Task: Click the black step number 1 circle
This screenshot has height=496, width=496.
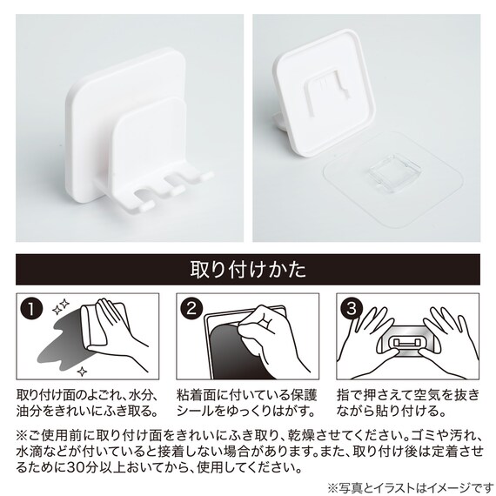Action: tap(31, 309)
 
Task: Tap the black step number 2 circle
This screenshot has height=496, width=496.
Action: tap(191, 309)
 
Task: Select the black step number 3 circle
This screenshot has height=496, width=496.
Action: tap(352, 309)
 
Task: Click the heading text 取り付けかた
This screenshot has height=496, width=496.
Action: tap(248, 270)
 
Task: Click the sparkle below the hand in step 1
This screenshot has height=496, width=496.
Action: tap(83, 372)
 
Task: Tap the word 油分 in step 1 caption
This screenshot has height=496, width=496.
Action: tap(30, 412)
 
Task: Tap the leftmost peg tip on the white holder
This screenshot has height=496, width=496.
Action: tap(146, 206)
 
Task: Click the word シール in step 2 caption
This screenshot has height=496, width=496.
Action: tap(196, 412)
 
